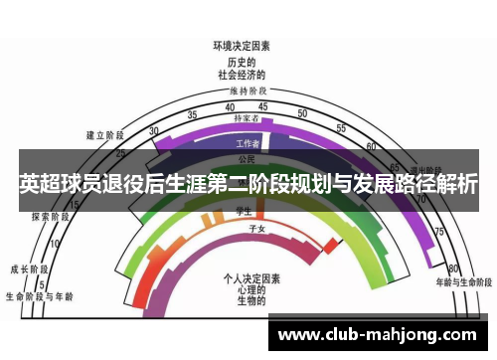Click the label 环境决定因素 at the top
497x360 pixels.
[242, 46]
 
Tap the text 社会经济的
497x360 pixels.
[242, 74]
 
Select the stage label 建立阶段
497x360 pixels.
[104, 134]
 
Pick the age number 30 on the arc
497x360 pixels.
[153, 131]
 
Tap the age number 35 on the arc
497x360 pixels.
[192, 115]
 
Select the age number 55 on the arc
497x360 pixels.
[340, 129]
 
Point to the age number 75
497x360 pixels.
[437, 231]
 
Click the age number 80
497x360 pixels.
[453, 269]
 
